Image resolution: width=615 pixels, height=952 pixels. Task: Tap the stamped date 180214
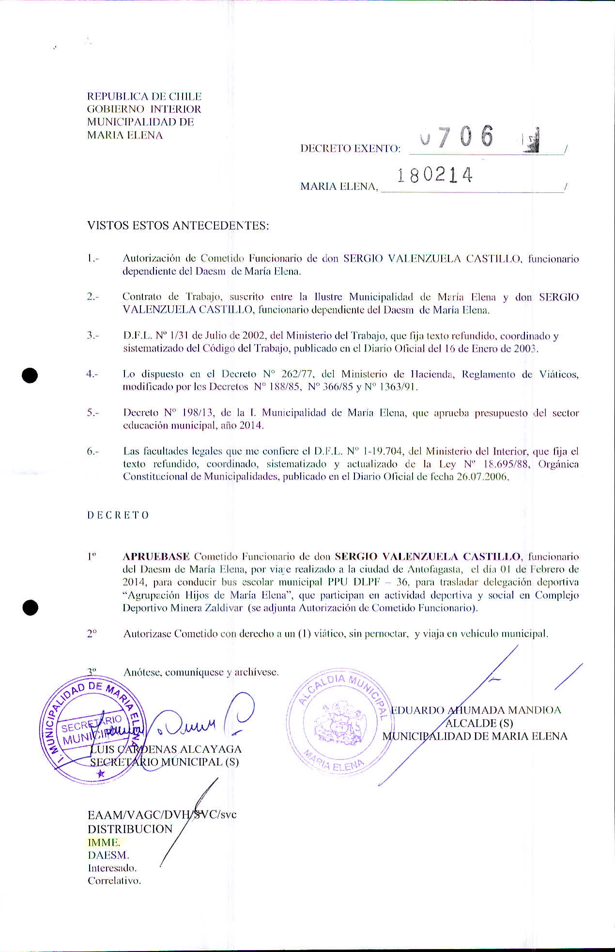434,175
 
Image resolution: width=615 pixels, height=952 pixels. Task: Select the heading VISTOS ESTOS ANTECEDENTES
178,225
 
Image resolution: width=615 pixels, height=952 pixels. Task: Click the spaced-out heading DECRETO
118,515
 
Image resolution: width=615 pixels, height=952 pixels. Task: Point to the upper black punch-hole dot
30,376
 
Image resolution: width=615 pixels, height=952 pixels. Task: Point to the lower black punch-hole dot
30,607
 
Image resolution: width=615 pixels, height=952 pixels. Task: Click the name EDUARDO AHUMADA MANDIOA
476,710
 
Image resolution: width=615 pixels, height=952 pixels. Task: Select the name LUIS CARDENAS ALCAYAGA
166,749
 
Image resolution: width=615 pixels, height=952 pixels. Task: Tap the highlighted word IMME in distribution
104,842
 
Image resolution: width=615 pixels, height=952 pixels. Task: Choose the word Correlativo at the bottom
114,881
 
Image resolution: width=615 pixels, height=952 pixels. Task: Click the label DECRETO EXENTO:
350,148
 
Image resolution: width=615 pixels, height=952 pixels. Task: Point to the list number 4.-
92,374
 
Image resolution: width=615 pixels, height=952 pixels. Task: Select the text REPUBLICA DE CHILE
144,96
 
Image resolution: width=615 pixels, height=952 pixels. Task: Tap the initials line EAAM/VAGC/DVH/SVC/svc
162,814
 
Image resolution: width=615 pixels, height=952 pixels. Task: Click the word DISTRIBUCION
130,829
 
